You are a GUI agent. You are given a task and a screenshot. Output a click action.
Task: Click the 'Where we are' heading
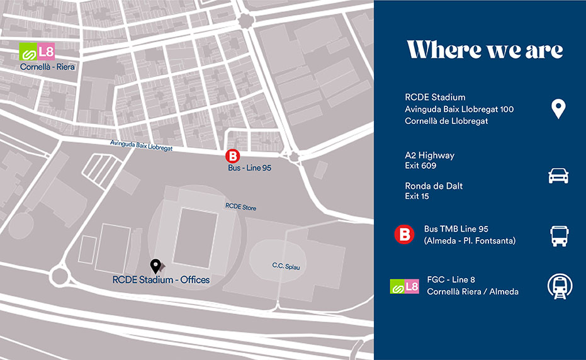click(x=485, y=50)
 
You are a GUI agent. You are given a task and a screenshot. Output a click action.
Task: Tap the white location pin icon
click(x=558, y=108)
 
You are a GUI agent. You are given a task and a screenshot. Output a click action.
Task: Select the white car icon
click(x=558, y=176)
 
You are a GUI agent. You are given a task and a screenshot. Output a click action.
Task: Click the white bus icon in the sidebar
click(x=558, y=235)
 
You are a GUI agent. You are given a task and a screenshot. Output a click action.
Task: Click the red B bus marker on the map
click(x=233, y=157)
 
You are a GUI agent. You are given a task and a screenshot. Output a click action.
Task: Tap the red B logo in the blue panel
click(x=404, y=235)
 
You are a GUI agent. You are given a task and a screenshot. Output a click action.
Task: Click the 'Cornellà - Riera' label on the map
click(x=47, y=66)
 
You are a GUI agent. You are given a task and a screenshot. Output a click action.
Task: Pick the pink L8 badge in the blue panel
click(x=412, y=286)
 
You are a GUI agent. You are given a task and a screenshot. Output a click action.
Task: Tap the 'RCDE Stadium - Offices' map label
click(x=161, y=279)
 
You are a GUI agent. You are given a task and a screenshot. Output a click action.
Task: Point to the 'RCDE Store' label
click(x=241, y=207)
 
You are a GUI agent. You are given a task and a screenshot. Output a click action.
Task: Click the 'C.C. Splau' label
click(x=286, y=266)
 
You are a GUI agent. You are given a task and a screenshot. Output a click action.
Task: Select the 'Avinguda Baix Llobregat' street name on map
click(x=140, y=145)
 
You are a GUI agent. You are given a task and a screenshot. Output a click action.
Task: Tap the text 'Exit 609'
click(x=420, y=166)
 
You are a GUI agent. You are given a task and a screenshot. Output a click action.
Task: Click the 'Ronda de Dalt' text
click(x=434, y=186)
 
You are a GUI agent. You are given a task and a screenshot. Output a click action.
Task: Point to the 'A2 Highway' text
click(x=429, y=155)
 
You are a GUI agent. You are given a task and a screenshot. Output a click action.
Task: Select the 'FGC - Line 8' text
click(x=451, y=280)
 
